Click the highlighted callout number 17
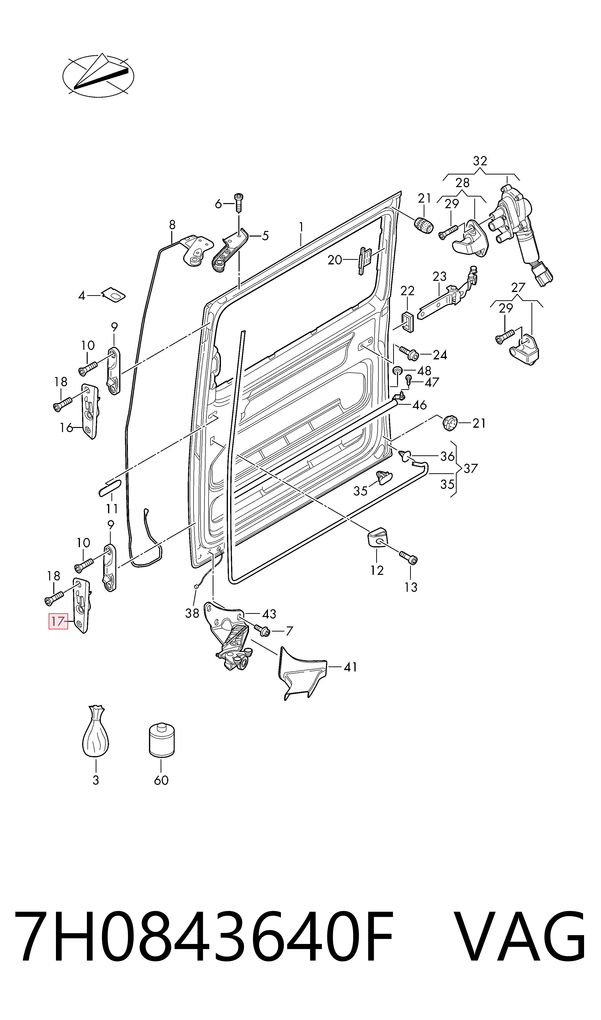59,621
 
